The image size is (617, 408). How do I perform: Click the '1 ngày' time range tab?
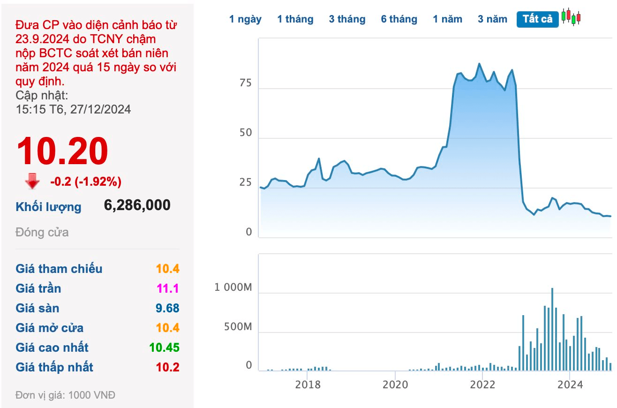[x=245, y=19]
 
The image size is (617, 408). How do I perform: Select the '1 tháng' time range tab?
[x=295, y=19]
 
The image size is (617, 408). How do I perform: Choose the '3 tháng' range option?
[x=347, y=19]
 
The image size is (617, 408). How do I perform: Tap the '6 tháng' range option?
[x=399, y=19]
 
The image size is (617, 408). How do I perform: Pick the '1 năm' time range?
[x=447, y=19]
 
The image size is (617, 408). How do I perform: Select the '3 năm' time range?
[x=492, y=19]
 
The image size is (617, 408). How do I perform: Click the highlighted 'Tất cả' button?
[x=537, y=19]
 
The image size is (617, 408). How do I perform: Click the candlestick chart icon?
[x=571, y=17]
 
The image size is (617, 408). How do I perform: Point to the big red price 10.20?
[x=62, y=151]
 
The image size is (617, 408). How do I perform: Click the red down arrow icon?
[x=32, y=181]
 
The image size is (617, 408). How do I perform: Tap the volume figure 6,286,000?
[x=137, y=205]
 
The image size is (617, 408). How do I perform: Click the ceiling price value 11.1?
[x=168, y=288]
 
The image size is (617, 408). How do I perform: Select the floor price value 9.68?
[x=167, y=308]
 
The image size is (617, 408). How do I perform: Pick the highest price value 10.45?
[x=164, y=348]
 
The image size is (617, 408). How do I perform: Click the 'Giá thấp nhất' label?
[x=54, y=367]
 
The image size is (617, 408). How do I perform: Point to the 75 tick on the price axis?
[x=245, y=83]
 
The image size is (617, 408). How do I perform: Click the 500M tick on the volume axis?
[x=238, y=327]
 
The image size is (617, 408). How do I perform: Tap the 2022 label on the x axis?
[x=482, y=385]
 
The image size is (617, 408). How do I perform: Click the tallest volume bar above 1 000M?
[x=552, y=330]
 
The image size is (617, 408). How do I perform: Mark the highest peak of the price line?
[x=479, y=64]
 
